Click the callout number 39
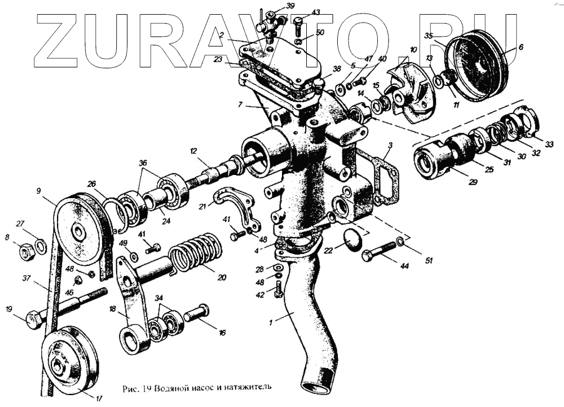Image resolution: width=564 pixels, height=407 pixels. pos(290,6)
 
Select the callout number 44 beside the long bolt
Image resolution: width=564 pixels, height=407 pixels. pos(404,265)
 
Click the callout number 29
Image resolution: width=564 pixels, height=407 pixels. pos(473,182)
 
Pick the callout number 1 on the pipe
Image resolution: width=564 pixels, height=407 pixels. pos(271,322)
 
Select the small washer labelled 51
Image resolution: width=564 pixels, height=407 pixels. pos(400,242)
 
